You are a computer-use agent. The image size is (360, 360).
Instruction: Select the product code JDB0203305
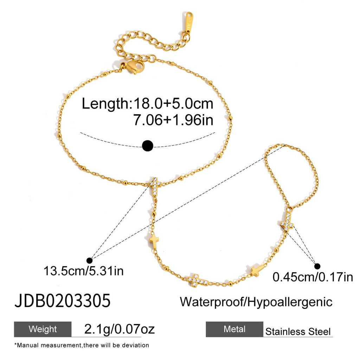click(x=63, y=301)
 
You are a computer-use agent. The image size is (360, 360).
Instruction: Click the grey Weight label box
click(x=43, y=329)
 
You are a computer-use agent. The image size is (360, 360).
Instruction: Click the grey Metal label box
click(x=234, y=329)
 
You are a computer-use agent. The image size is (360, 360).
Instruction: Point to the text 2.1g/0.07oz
click(x=120, y=329)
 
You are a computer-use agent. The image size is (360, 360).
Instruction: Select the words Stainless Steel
click(x=298, y=332)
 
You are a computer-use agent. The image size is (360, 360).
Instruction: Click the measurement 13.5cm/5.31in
click(x=84, y=271)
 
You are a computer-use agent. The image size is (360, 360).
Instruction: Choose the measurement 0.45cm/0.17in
click(x=313, y=277)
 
